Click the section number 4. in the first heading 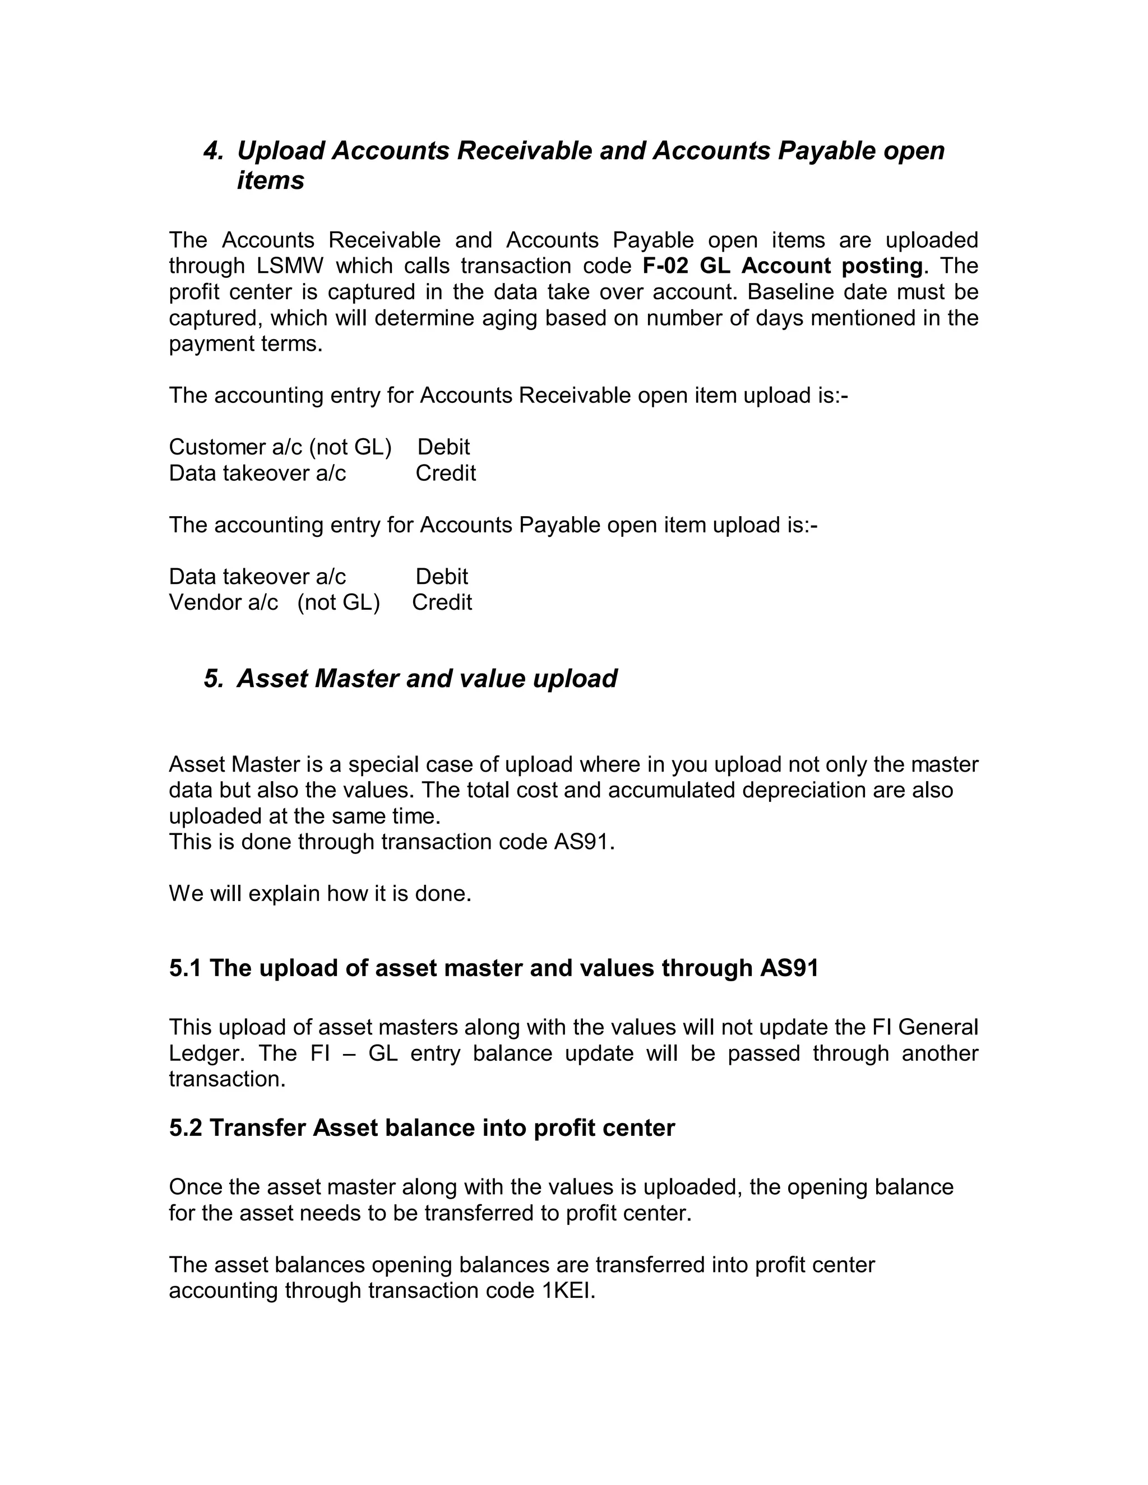click(x=214, y=151)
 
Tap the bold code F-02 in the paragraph click(x=665, y=266)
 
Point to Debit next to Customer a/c click(x=443, y=447)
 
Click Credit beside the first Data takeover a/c click(x=446, y=474)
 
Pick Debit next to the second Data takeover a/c click(x=441, y=577)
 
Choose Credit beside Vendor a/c click(x=442, y=602)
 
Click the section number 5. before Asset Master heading click(x=214, y=679)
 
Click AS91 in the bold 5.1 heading click(x=789, y=968)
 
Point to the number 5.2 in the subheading click(x=186, y=1128)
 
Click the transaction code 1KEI click(x=568, y=1291)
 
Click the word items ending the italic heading click(x=270, y=181)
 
